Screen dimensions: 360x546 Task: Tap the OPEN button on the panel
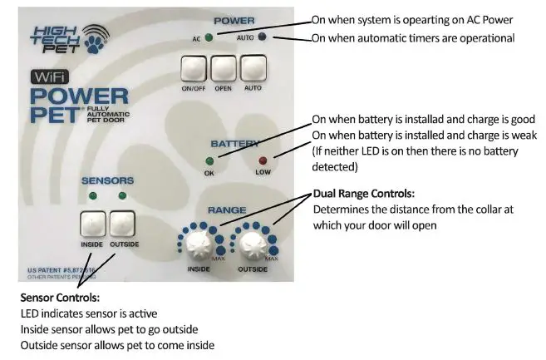coord(223,70)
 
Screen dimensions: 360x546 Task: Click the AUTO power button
coord(253,70)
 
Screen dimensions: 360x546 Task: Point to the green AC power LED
coord(209,37)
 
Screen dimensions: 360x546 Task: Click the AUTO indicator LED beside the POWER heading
coord(263,37)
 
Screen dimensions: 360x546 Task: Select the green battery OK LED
coord(209,161)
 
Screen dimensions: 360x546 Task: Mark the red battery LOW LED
coord(263,161)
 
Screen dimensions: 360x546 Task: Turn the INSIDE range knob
coord(198,244)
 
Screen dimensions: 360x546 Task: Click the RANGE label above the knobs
coord(226,211)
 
